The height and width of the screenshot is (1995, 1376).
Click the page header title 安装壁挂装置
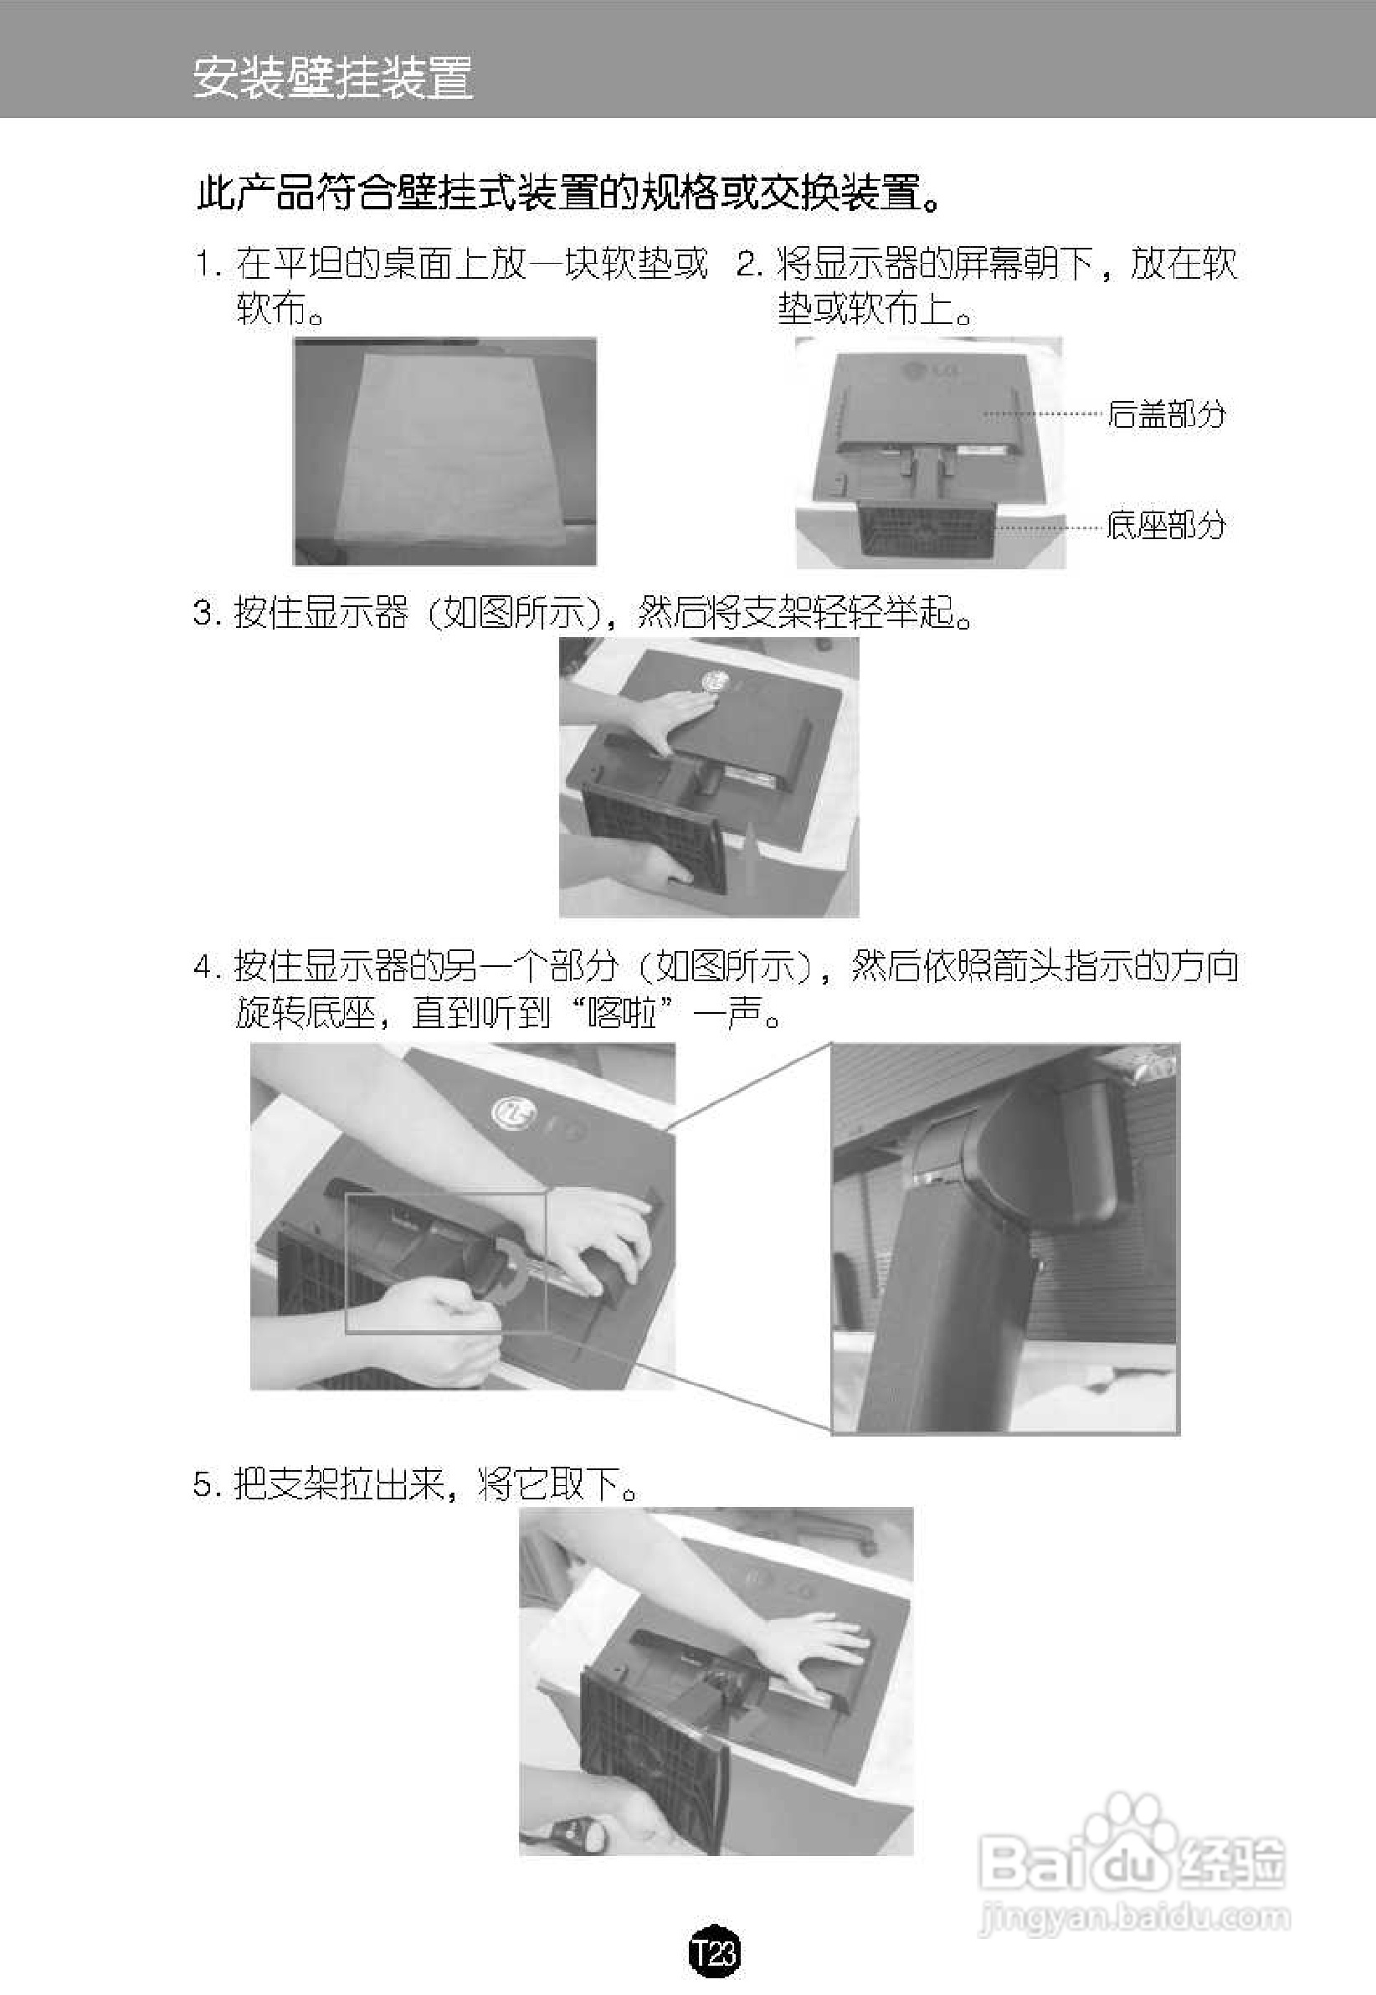(332, 79)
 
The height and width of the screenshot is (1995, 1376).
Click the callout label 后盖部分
(1166, 414)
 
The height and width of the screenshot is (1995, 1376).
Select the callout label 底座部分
(1166, 524)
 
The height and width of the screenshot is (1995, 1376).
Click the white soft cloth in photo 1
(449, 449)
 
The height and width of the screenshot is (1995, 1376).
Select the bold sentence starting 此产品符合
(569, 193)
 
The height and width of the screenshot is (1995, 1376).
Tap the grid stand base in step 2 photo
(927, 527)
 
